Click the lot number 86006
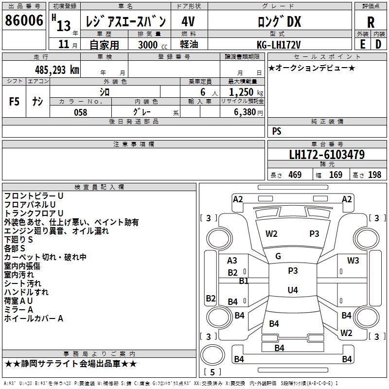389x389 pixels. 24,20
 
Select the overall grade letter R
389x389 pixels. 371,22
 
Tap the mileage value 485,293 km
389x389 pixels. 57,70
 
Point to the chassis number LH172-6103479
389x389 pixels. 327,155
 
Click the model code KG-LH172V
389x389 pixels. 279,45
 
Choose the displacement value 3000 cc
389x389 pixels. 153,45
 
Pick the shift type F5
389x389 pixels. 14,102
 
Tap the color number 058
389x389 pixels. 81,112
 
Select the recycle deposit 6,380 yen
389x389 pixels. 248,112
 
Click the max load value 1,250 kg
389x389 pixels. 246,92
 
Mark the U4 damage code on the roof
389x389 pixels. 293,290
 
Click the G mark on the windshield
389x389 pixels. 278,256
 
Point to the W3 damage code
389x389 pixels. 353,260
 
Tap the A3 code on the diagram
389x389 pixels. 232,261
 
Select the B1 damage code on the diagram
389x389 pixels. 244,281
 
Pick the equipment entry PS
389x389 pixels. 277,131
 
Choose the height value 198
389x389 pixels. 374,175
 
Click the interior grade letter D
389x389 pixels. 378,44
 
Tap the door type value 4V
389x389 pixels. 188,21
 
